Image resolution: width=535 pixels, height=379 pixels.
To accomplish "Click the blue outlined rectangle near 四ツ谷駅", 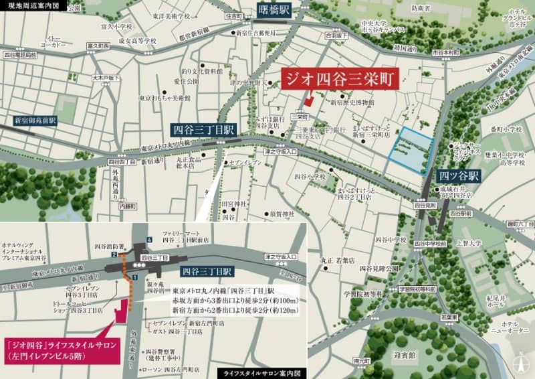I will [x=411, y=151].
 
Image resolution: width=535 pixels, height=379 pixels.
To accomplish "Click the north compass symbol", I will [x=520, y=364].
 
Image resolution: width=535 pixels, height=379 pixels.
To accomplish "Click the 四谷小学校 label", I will [x=310, y=177].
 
